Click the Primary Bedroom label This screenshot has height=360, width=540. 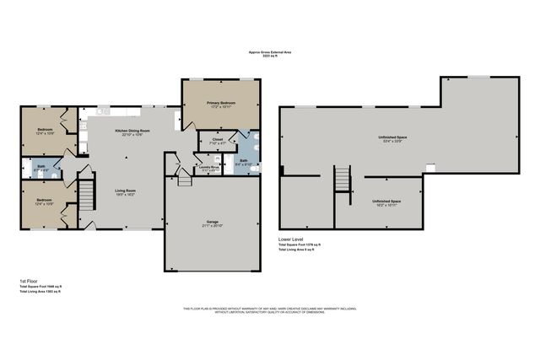[222, 103]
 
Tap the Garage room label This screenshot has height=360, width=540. [213, 223]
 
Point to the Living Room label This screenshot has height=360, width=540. [126, 191]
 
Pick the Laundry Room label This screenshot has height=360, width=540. [209, 167]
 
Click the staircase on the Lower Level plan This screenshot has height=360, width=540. [343, 180]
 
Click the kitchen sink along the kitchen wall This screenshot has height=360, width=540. [100, 112]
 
